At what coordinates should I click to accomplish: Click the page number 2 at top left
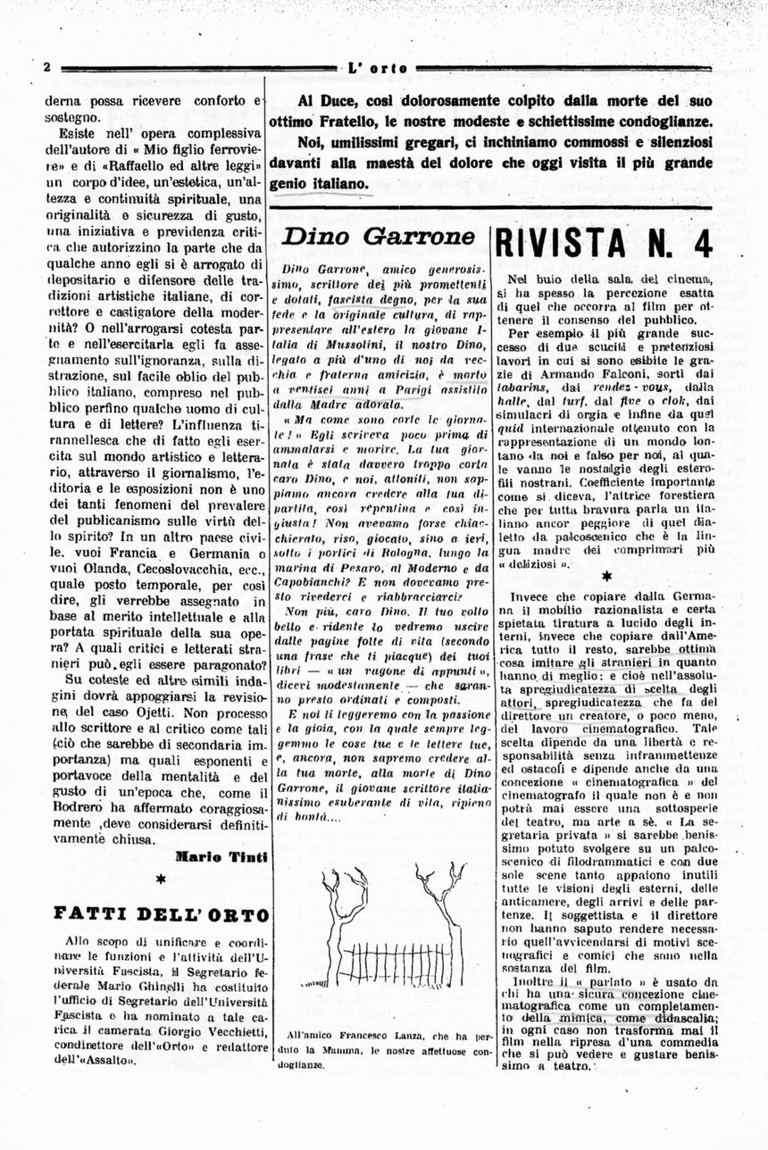coord(46,69)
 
